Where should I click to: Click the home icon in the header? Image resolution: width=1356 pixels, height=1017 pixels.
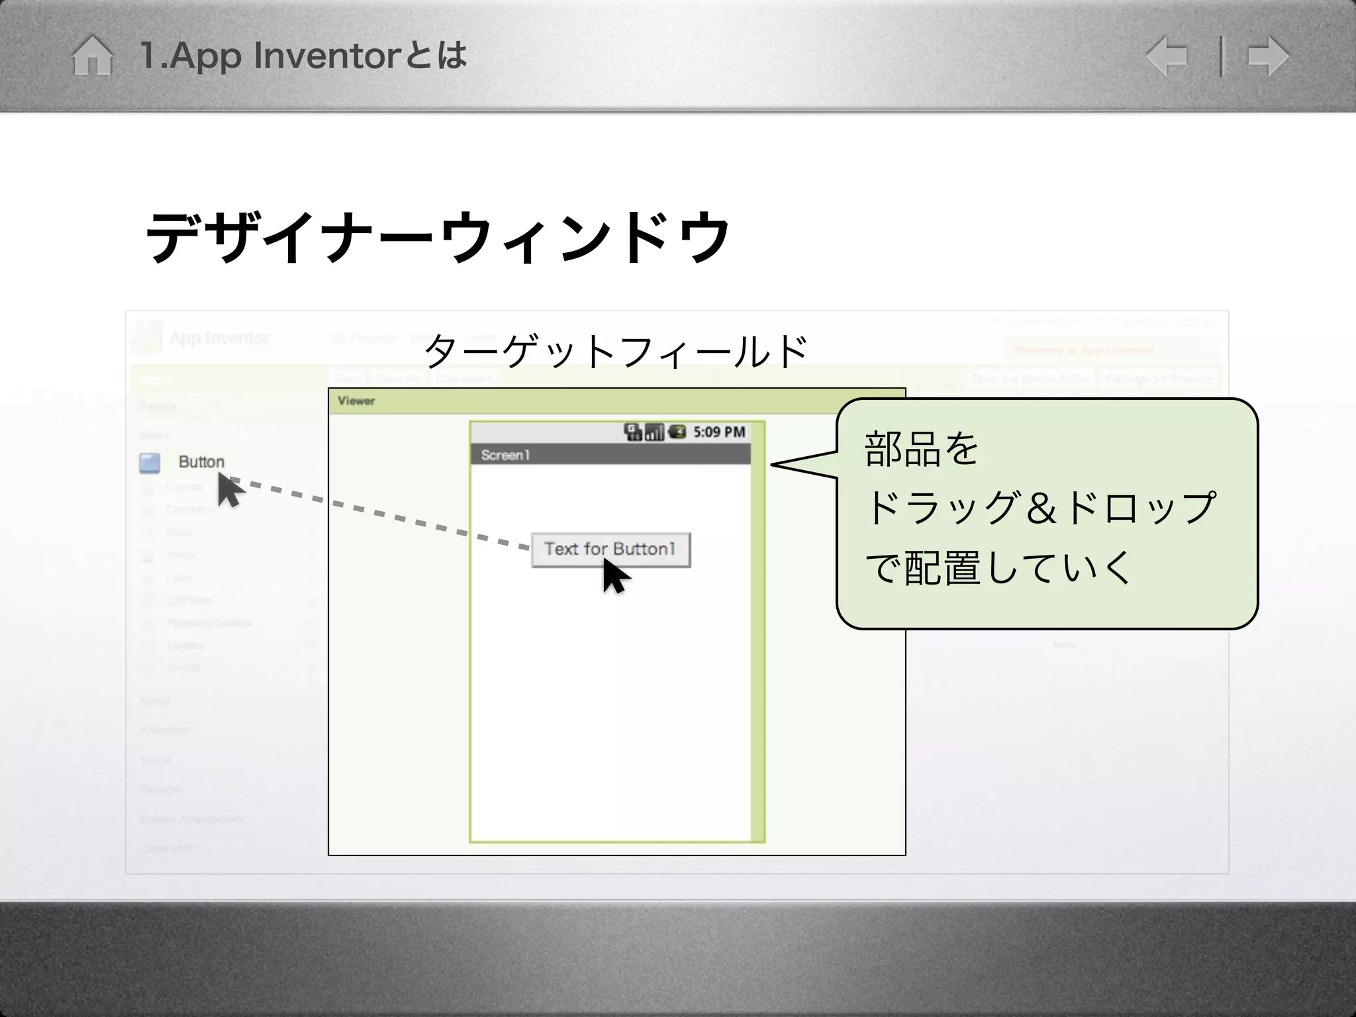(93, 56)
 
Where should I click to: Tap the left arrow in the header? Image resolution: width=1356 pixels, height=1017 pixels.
(1167, 56)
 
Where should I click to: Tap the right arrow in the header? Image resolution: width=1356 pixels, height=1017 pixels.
(1268, 56)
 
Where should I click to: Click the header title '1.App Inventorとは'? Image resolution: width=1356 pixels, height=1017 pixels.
(303, 56)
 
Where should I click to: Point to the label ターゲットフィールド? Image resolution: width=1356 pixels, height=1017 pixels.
(616, 351)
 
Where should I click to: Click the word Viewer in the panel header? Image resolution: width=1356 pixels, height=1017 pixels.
(356, 401)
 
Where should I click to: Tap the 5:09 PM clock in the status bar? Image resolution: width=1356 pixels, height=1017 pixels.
(719, 432)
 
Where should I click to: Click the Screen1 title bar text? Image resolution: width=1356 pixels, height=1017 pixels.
(505, 455)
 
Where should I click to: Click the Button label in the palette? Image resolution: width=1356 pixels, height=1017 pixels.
(201, 461)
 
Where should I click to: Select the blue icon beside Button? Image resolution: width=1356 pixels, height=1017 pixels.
(150, 463)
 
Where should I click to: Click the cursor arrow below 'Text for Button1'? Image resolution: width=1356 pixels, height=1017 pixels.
(614, 577)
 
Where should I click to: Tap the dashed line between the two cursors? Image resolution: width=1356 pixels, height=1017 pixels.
(384, 514)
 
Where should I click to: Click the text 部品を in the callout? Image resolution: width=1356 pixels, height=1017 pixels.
(921, 449)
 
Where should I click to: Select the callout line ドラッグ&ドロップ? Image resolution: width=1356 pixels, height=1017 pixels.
(1040, 508)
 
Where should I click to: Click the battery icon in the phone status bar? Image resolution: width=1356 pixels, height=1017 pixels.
(677, 432)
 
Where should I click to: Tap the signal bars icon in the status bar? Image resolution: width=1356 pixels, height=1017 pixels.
(654, 432)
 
